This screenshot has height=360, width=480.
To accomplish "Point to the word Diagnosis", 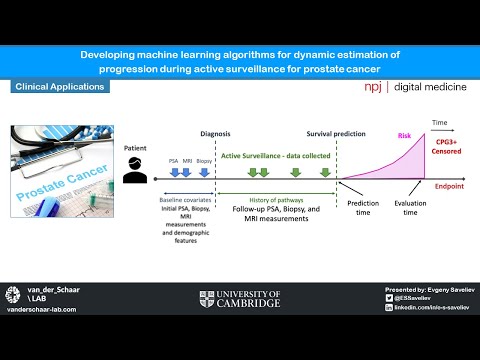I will [x=219, y=133].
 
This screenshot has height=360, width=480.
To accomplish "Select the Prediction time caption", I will [x=362, y=208].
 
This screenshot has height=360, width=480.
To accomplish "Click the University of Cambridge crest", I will [x=207, y=297].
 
